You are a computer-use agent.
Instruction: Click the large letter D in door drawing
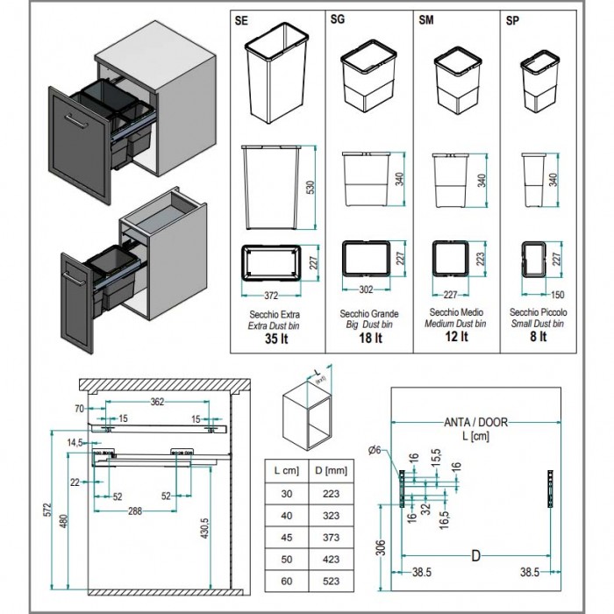[475, 556]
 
